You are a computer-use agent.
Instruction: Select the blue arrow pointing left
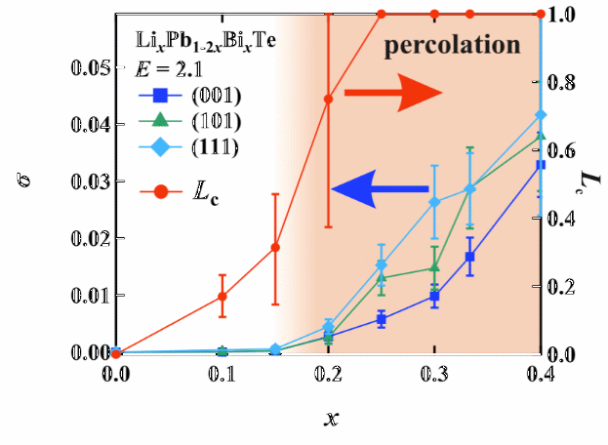tap(381, 188)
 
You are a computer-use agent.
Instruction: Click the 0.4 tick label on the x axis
tap(541, 373)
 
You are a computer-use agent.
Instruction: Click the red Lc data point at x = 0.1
tap(223, 296)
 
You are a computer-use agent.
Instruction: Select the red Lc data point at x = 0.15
tap(275, 247)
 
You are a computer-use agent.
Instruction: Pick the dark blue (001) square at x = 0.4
tap(541, 165)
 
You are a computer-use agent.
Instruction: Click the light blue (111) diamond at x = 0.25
tap(382, 265)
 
